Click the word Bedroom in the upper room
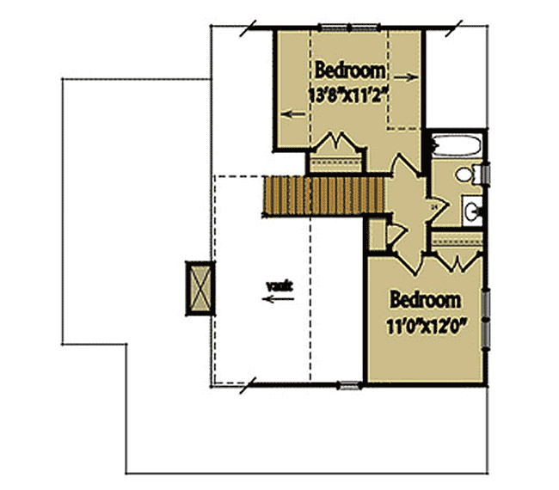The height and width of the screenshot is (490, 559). [x=349, y=70]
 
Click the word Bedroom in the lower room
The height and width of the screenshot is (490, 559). [x=425, y=301]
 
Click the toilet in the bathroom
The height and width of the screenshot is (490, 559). [x=468, y=175]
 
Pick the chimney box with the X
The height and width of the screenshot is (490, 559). [x=200, y=287]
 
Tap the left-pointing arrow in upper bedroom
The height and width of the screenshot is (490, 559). [x=292, y=112]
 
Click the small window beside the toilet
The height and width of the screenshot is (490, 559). [x=487, y=175]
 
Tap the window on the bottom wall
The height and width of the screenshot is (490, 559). [x=349, y=385]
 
